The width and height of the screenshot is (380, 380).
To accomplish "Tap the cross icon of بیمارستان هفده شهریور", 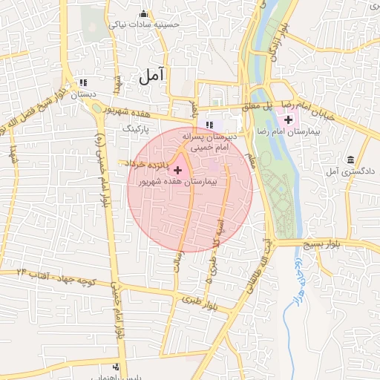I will coord(177,171).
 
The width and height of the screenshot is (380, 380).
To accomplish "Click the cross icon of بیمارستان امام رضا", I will coord(288,119).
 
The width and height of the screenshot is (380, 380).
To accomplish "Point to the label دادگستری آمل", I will coord(353,172).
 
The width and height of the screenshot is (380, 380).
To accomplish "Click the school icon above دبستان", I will coord(82,82).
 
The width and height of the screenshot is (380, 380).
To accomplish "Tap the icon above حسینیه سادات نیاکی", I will coord(143,14).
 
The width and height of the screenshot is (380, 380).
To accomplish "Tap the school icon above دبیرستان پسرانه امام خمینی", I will coord(209,124).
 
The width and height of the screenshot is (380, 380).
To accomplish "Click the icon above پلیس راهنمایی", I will coord(116,367).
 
